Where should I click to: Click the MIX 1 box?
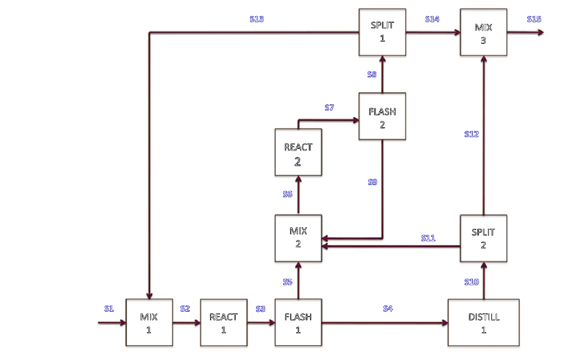click(148, 323)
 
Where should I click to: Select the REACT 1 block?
click(223, 323)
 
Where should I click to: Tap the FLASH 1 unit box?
click(298, 323)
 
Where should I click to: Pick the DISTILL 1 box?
click(483, 323)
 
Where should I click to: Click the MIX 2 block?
click(298, 238)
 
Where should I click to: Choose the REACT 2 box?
click(298, 152)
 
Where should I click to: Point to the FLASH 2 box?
click(382, 116)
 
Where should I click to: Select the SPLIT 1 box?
click(382, 32)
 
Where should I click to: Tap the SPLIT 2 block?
click(483, 238)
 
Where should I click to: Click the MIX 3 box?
click(483, 32)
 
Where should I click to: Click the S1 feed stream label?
click(109, 309)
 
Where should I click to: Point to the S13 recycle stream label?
click(257, 19)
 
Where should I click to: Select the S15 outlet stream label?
click(534, 19)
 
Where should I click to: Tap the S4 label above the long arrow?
click(388, 309)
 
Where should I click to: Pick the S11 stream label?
click(428, 238)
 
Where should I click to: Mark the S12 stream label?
click(471, 134)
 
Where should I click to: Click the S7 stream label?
click(330, 108)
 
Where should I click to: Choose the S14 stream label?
click(432, 19)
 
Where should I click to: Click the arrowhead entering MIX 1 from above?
click(148, 296)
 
